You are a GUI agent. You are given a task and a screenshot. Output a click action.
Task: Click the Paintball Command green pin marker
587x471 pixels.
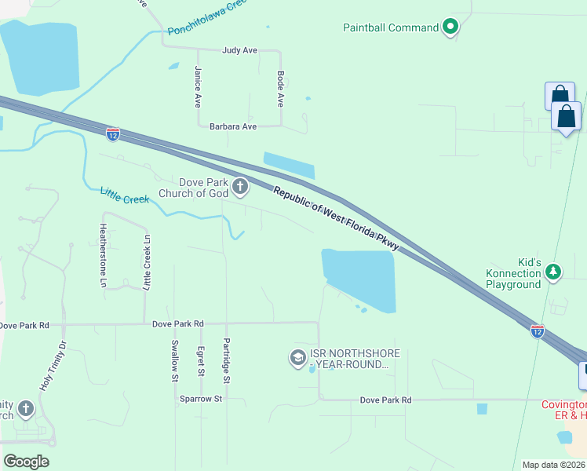click(450, 27)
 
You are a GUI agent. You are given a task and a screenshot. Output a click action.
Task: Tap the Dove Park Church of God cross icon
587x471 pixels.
click(240, 187)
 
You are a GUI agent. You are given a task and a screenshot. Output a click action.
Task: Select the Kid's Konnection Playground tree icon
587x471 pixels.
click(554, 272)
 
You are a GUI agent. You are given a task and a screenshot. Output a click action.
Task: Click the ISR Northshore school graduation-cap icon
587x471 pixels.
click(297, 358)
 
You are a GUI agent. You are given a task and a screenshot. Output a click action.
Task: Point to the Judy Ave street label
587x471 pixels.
click(239, 50)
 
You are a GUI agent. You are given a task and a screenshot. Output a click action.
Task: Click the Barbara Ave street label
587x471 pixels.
click(233, 126)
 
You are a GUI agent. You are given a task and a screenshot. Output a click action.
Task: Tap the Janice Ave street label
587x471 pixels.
click(199, 86)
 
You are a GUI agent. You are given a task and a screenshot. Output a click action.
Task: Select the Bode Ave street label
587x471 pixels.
click(280, 89)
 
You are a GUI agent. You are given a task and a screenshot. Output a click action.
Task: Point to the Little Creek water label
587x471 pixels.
click(125, 195)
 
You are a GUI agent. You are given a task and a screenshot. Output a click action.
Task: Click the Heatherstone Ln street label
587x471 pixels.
click(102, 254)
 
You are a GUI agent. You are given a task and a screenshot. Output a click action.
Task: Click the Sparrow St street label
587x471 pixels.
click(201, 399)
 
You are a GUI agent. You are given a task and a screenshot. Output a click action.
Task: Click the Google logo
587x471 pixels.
click(27, 462)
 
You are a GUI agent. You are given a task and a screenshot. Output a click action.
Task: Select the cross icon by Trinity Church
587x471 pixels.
click(25, 408)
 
